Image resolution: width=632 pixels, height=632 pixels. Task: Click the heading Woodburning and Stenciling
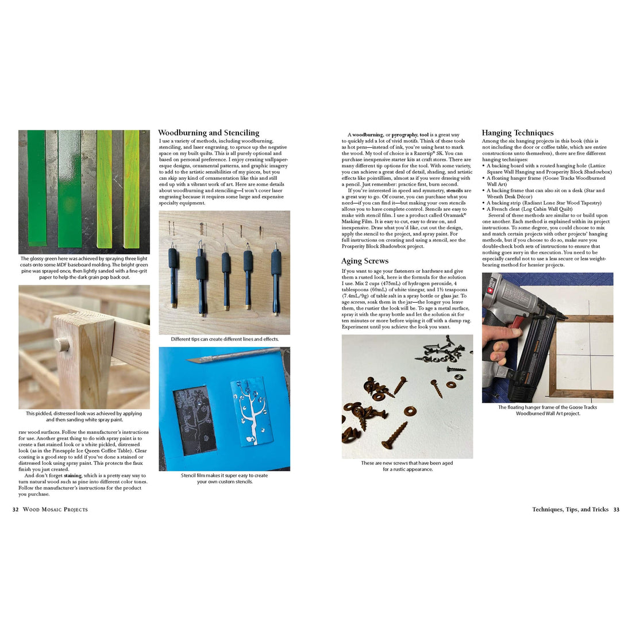209,133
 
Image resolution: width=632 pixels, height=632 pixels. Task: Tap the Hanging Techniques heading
518,133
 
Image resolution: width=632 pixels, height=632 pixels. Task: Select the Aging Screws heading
365,261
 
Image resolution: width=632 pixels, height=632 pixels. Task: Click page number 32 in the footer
16,510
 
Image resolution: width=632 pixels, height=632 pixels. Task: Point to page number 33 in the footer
616,510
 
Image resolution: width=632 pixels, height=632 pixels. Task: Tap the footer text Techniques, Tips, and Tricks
570,510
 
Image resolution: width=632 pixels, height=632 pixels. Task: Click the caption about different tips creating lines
225,339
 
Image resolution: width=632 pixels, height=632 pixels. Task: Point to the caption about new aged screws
407,466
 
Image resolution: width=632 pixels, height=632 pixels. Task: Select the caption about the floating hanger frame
548,410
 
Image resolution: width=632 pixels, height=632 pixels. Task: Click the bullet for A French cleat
484,209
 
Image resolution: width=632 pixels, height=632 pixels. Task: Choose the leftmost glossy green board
36,192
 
